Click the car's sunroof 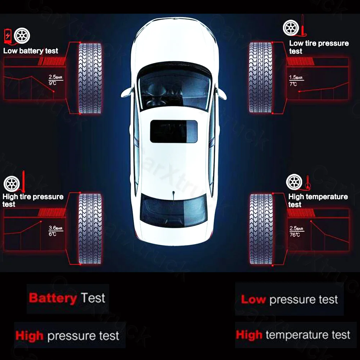(174, 131)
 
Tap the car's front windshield (174, 88)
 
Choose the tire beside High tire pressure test (90, 229)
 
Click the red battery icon (8, 35)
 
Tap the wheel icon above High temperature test (294, 182)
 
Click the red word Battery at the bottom (53, 298)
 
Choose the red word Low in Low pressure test (253, 300)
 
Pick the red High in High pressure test (29, 336)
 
